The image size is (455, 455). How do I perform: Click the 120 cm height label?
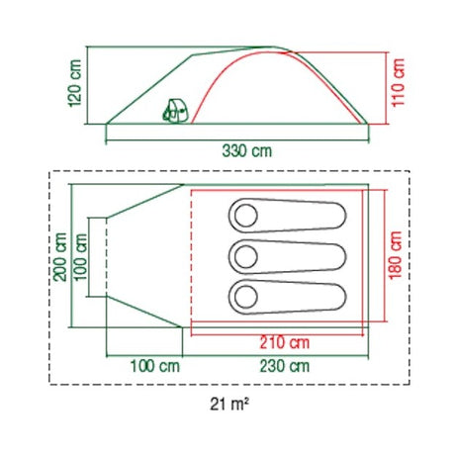(75, 83)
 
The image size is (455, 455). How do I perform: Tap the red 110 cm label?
(399, 82)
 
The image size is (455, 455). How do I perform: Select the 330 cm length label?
(246, 151)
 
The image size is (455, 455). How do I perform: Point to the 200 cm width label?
(61, 257)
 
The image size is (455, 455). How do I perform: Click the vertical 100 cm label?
(81, 257)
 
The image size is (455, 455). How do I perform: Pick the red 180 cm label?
(396, 255)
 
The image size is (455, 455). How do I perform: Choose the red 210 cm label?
(285, 342)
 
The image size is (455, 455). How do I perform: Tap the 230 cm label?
(285, 366)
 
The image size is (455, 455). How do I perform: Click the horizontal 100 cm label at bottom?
(155, 366)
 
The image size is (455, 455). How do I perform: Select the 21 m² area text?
(229, 405)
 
